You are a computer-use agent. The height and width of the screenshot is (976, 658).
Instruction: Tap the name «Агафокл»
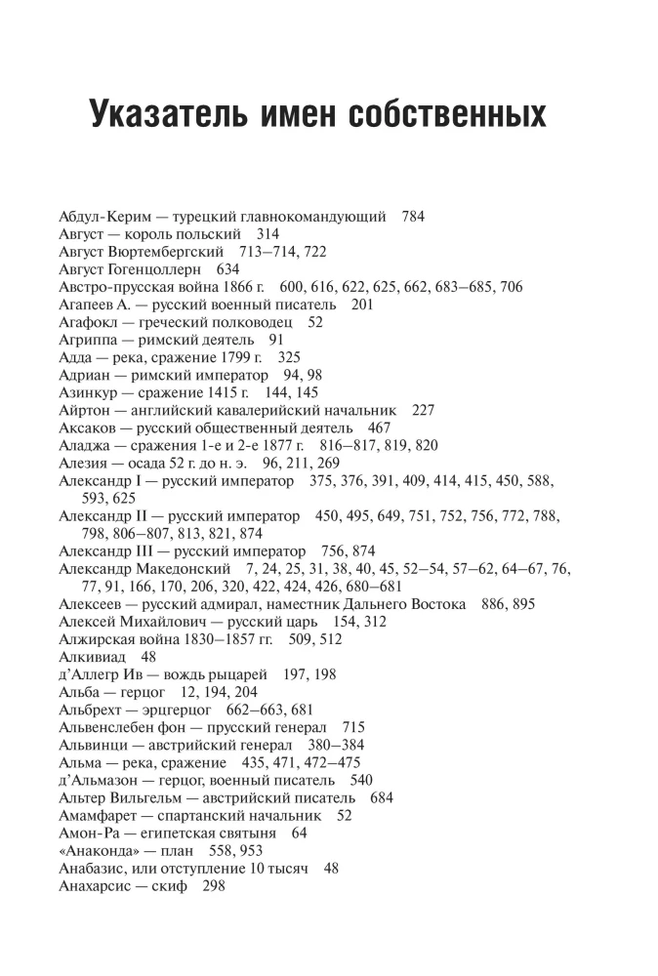[x=91, y=321]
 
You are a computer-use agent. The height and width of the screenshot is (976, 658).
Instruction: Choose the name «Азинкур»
[x=89, y=391]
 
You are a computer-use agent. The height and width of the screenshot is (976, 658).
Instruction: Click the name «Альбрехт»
[x=92, y=710]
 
